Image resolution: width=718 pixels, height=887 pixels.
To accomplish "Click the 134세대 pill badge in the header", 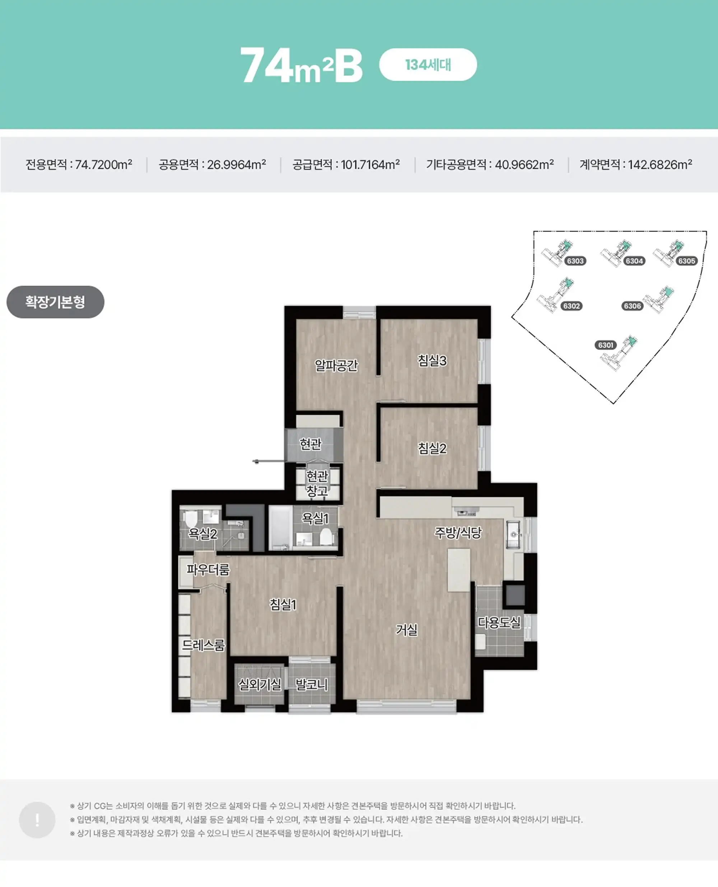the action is click(428, 65).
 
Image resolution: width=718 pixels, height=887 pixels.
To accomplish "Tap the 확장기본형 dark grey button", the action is click(55, 302).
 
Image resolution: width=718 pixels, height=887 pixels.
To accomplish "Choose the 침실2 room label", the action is click(432, 448).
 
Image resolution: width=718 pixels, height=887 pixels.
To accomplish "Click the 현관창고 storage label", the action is click(317, 483).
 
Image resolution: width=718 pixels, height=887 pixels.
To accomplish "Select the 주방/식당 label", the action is click(458, 532).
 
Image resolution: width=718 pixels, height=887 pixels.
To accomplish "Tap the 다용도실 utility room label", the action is click(499, 622).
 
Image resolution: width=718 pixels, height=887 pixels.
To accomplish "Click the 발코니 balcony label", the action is click(312, 685).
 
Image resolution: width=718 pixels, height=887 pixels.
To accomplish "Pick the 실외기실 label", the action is click(260, 685).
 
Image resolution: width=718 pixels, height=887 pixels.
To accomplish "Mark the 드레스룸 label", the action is click(204, 645).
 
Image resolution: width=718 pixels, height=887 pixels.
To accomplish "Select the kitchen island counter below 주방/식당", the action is click(459, 570).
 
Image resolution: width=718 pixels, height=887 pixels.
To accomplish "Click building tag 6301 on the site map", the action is click(606, 345).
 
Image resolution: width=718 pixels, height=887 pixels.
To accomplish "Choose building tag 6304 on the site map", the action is click(634, 261).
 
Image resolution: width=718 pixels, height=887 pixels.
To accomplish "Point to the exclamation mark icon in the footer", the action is click(37, 820).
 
